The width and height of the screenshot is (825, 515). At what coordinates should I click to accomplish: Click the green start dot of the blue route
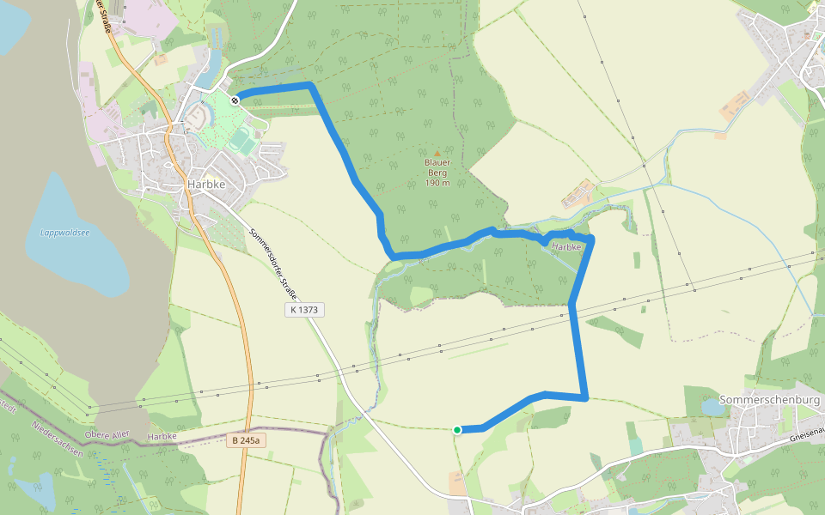[x=457, y=429]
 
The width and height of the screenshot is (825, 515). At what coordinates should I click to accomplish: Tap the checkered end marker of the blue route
[x=235, y=100]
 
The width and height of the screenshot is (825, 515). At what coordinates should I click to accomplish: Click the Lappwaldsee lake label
[x=64, y=233]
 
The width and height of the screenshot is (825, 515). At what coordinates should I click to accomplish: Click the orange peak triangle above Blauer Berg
[x=437, y=153]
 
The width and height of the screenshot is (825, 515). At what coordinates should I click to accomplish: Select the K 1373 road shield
[x=305, y=310]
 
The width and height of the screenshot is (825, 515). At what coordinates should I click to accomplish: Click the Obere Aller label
[x=107, y=435]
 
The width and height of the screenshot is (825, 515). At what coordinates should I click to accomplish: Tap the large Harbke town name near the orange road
[x=206, y=185]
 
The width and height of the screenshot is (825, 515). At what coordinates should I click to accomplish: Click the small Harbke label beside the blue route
[x=566, y=247]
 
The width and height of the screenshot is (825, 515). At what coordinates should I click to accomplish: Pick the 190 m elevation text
[x=437, y=183]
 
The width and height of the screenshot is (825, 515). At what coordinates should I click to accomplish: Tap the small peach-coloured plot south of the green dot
[x=457, y=483]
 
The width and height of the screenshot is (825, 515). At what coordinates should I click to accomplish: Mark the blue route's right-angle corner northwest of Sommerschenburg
[x=586, y=397]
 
